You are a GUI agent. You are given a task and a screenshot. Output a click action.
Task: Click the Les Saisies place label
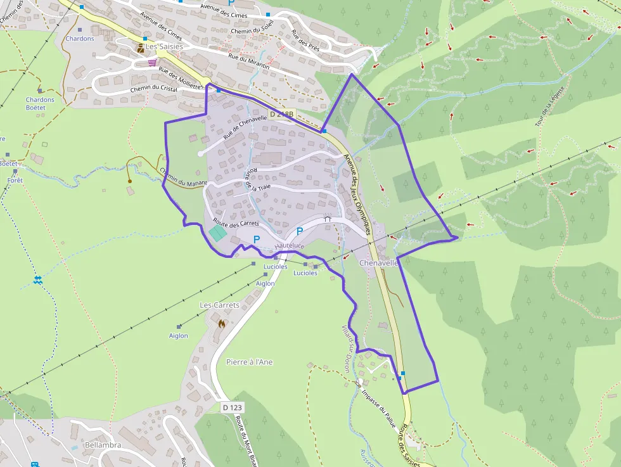[164, 47]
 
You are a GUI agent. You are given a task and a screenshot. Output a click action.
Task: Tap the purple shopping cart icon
[152, 63]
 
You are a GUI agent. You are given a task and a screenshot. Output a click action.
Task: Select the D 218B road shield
[281, 114]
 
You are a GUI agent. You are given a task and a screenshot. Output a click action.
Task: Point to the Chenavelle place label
[378, 263]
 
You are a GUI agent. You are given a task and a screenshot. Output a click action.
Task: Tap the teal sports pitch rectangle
[218, 233]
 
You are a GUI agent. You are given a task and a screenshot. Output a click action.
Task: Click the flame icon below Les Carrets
[221, 324]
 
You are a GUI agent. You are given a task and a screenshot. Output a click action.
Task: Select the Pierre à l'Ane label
[249, 362]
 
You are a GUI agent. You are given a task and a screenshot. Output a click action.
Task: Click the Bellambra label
[103, 445]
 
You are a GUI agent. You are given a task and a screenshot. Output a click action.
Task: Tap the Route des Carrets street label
[236, 223]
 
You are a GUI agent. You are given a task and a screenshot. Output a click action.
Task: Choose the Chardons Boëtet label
[40, 103]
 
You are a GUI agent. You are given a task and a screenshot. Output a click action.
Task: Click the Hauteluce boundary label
[290, 245]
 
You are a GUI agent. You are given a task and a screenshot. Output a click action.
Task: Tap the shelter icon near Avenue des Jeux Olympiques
[328, 217]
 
